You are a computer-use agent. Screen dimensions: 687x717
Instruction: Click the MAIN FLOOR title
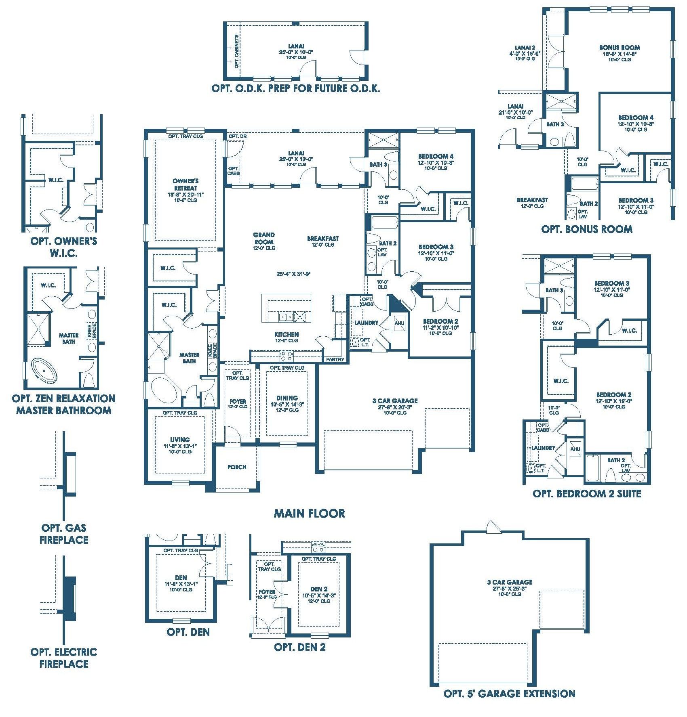point(310,514)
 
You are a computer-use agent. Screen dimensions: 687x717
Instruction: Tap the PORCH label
point(237,467)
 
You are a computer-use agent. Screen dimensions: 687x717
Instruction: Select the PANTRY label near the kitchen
point(335,359)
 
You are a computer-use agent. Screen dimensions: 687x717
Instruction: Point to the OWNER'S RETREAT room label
point(185,184)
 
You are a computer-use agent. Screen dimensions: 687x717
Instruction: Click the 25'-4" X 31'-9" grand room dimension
point(293,274)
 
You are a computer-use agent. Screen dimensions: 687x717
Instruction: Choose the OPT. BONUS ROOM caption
point(587,229)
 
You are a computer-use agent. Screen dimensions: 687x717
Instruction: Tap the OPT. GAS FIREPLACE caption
point(64,534)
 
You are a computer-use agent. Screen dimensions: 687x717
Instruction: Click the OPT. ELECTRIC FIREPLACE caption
point(64,658)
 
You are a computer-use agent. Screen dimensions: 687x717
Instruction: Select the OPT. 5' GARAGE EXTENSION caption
point(509,694)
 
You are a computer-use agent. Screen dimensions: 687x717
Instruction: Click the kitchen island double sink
point(286,317)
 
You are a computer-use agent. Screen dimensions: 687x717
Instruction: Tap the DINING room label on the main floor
point(287,398)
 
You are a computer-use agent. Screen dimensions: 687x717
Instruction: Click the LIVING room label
point(180,440)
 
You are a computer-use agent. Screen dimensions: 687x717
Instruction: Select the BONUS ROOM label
point(620,48)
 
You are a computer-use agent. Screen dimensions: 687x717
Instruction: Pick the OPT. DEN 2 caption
point(299,647)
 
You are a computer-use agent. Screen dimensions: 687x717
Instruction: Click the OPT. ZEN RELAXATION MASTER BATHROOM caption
point(64,405)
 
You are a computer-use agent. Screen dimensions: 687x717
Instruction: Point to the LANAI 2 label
point(525,48)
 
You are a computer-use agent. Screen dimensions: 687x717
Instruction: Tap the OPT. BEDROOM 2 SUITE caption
point(587,493)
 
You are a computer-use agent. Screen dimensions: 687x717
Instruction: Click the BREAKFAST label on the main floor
point(323,239)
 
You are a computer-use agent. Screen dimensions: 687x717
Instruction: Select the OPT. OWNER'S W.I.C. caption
point(64,247)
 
